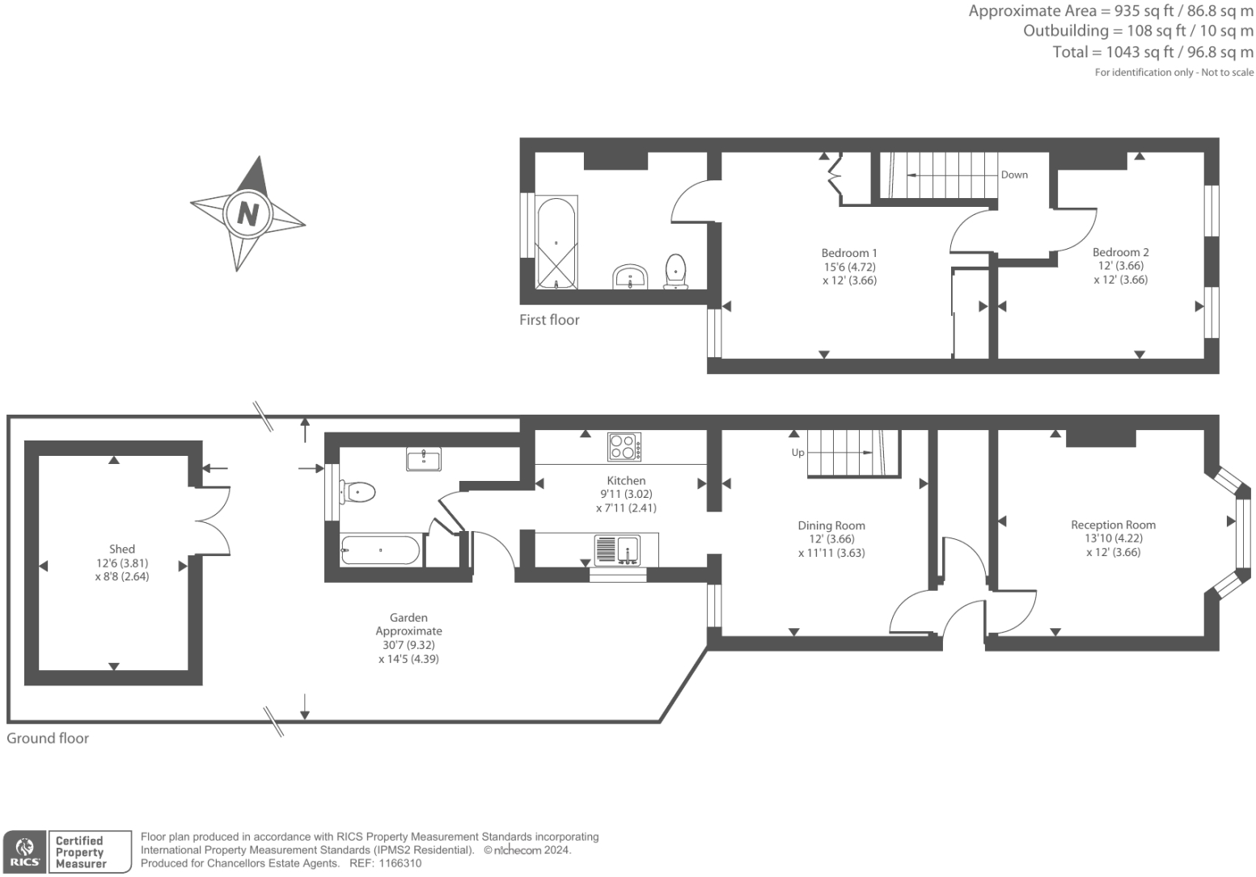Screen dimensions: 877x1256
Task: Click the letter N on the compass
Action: (x=247, y=214)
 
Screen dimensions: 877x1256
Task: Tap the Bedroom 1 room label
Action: (x=848, y=253)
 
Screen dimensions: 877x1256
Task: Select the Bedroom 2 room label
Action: (x=1120, y=252)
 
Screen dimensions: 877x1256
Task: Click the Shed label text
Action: (x=122, y=549)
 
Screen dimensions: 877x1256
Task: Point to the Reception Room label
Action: (x=1113, y=525)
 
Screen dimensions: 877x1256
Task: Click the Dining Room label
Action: (x=831, y=525)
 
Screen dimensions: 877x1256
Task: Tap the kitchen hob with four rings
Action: (x=624, y=447)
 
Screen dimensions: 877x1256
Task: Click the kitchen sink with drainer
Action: (x=618, y=550)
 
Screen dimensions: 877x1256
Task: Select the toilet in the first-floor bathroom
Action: (x=675, y=271)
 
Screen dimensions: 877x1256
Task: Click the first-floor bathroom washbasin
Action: (x=630, y=276)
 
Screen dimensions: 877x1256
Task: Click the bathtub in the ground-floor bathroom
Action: (x=380, y=550)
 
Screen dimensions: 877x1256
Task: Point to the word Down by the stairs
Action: (x=1014, y=175)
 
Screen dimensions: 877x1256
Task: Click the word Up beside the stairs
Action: (x=797, y=453)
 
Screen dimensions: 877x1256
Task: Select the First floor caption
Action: (x=549, y=320)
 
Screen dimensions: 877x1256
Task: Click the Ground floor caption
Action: (x=48, y=738)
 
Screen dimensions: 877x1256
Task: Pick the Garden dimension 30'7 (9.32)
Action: (x=408, y=645)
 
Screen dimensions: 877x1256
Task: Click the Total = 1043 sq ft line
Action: (x=1152, y=52)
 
